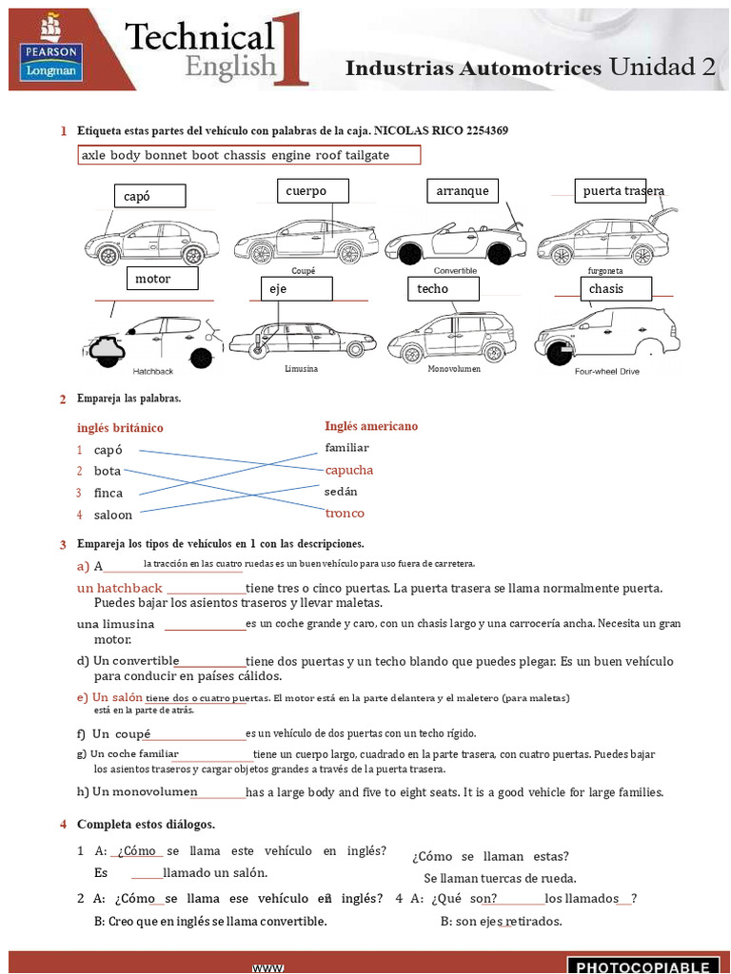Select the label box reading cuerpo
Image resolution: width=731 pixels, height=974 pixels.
313,191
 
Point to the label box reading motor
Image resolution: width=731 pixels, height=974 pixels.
162,279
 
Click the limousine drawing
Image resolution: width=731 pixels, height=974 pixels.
302,340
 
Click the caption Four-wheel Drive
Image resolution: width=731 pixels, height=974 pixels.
606,372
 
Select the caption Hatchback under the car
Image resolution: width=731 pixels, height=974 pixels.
152,371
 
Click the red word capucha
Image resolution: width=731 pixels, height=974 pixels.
348,470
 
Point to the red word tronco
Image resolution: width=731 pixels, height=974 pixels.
345,514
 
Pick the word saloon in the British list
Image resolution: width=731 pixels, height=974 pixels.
113,515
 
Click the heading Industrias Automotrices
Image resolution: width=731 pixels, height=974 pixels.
473,68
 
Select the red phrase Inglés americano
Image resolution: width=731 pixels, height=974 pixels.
371,426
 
